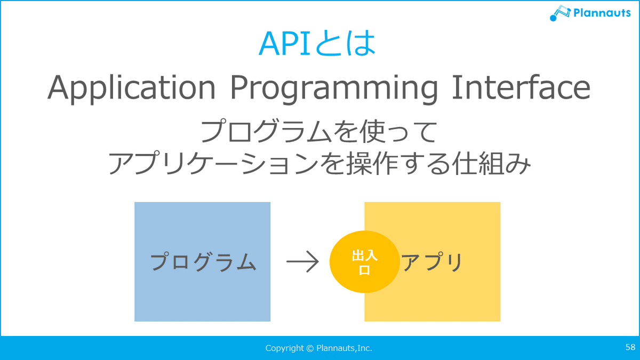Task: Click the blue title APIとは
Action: pyautogui.click(x=317, y=43)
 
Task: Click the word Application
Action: pyautogui.click(x=131, y=88)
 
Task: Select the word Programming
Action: pyautogui.click(x=334, y=88)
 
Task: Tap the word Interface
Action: pyautogui.click(x=521, y=86)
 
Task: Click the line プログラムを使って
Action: pyautogui.click(x=319, y=131)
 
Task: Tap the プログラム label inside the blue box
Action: pyautogui.click(x=203, y=261)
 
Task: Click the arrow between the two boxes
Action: pyautogui.click(x=302, y=261)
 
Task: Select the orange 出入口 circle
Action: pyautogui.click(x=365, y=261)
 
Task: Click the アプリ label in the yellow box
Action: pyautogui.click(x=432, y=261)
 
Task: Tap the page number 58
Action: pyautogui.click(x=630, y=347)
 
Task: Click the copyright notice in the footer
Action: pyautogui.click(x=318, y=348)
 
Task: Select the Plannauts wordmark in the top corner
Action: pyautogui.click(x=602, y=13)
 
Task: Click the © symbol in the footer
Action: pyautogui.click(x=310, y=348)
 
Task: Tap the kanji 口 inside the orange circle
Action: pyautogui.click(x=365, y=270)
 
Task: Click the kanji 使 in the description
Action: pyautogui.click(x=372, y=131)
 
